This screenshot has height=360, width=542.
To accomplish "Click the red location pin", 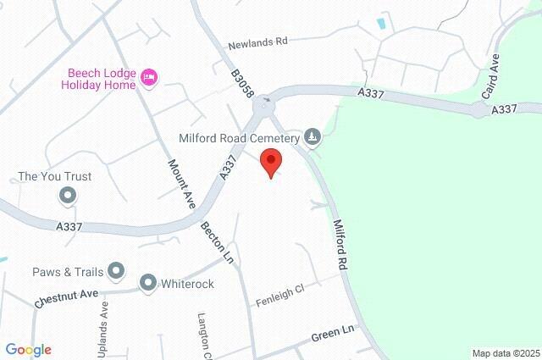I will point(270,161).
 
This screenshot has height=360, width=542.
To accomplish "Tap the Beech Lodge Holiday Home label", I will point(97,79).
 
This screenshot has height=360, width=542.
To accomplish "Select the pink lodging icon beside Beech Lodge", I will point(149,78).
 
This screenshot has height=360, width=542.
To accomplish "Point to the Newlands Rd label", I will point(258,42).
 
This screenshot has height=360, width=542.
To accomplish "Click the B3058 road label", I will point(243,86).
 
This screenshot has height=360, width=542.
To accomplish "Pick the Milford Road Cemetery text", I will point(240,137).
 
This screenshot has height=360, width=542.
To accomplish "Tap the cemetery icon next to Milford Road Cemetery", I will point(313,136).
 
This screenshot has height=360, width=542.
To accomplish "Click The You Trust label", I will point(55,177).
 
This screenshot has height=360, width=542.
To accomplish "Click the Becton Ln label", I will point(217,241).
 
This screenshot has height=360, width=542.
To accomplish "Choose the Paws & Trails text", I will point(68,272).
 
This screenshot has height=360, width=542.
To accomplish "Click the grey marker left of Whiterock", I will point(148,283).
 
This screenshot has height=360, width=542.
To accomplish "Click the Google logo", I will point(28,349).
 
